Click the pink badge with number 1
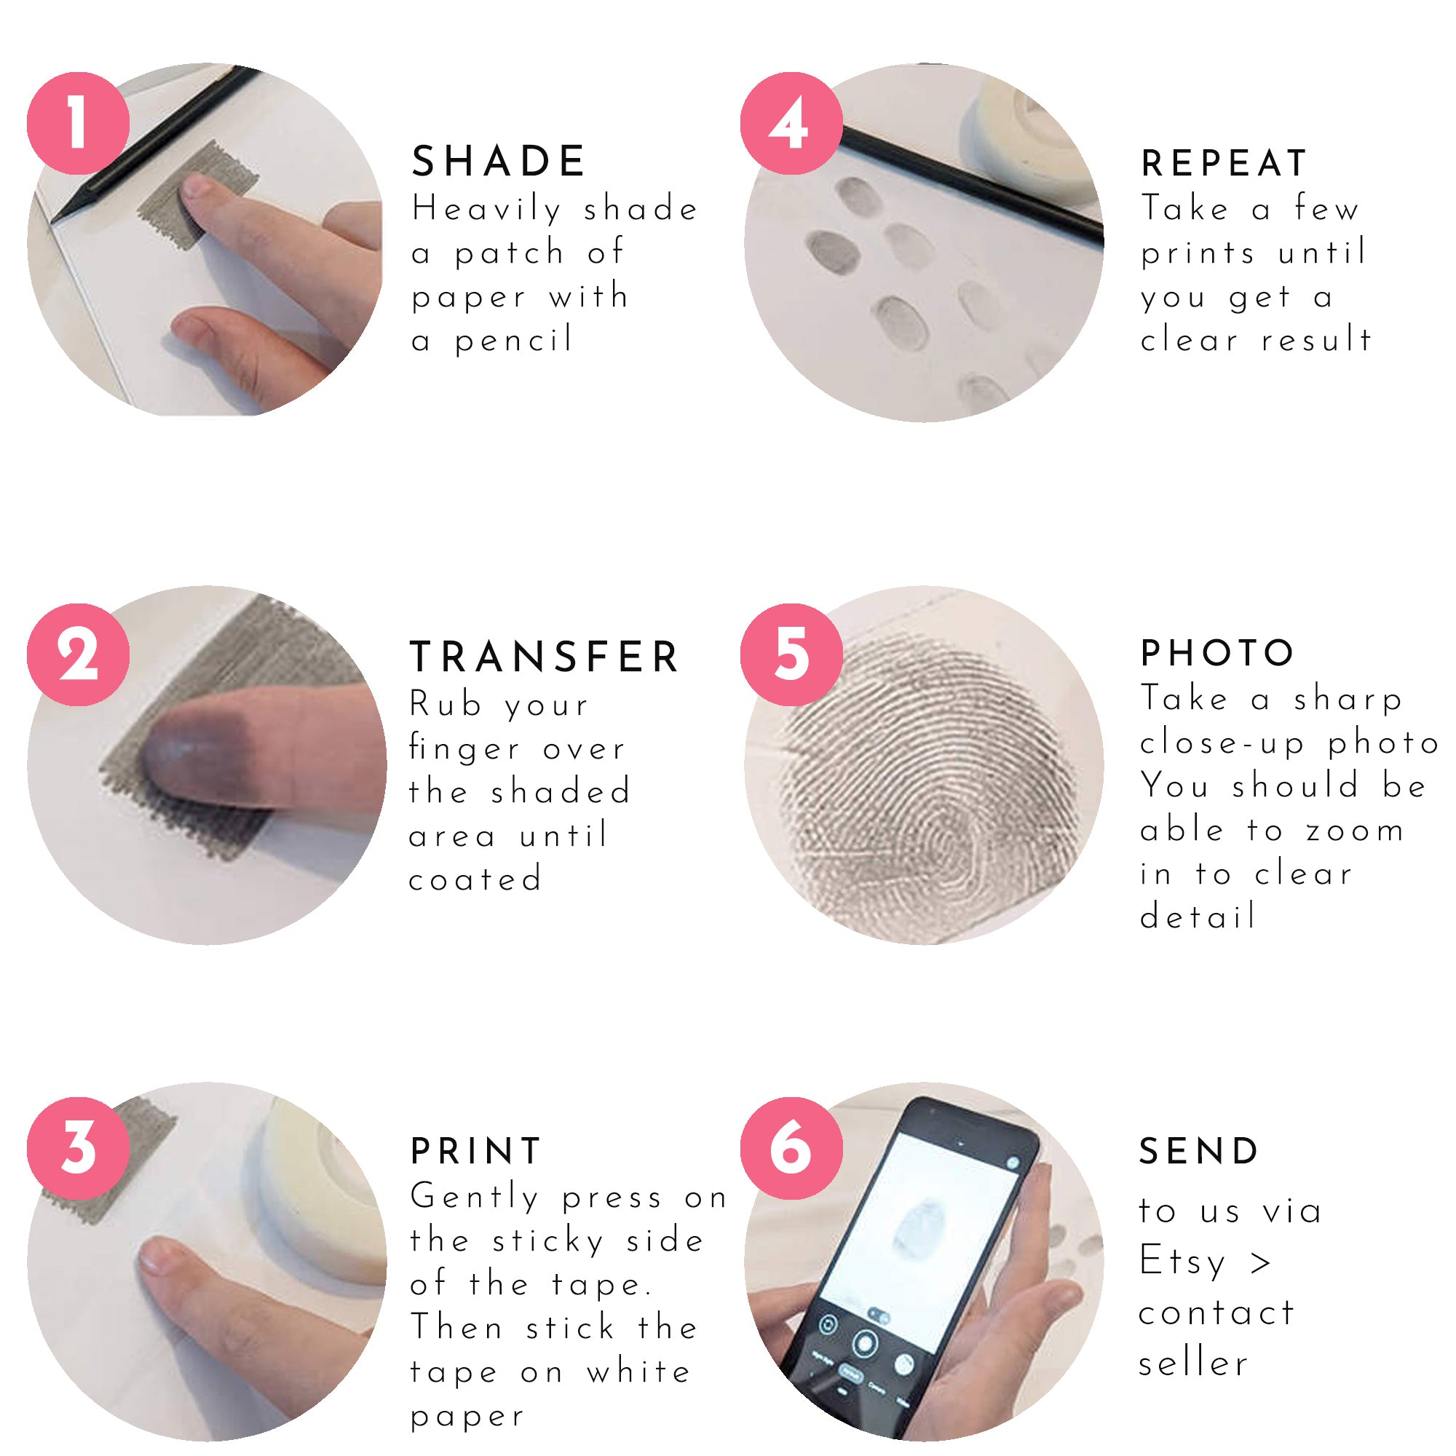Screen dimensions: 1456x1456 (79, 124)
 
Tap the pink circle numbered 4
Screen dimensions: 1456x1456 (791, 124)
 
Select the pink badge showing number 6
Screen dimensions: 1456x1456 (791, 1149)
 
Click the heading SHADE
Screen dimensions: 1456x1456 (498, 162)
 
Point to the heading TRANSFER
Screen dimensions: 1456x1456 (544, 657)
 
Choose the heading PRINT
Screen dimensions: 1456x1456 (475, 1151)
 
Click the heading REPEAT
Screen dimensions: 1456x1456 (1224, 164)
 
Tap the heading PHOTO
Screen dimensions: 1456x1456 (1217, 652)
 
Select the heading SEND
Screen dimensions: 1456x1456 (1199, 1151)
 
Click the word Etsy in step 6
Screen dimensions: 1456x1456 (1182, 1261)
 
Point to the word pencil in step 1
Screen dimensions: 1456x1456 (514, 341)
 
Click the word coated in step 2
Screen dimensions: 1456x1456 (475, 879)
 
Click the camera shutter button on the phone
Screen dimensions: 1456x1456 (864, 1343)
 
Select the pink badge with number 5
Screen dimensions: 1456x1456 (791, 654)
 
